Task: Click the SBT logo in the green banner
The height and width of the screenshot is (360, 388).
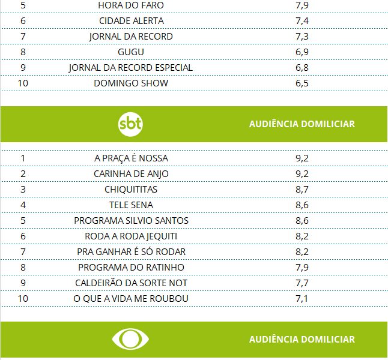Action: click(x=131, y=124)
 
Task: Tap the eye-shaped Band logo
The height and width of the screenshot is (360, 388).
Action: click(x=131, y=339)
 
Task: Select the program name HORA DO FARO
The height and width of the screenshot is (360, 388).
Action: click(x=131, y=5)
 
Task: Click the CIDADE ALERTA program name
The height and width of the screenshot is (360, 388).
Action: click(x=131, y=21)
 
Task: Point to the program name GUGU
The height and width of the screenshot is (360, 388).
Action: click(x=131, y=52)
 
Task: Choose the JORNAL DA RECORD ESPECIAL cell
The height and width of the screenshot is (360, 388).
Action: click(x=131, y=68)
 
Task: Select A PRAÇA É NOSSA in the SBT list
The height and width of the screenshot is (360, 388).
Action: click(x=131, y=158)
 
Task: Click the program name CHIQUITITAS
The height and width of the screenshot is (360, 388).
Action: click(x=131, y=189)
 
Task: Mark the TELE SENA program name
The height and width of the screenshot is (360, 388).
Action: click(x=131, y=205)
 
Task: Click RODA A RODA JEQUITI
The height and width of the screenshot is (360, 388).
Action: click(x=131, y=236)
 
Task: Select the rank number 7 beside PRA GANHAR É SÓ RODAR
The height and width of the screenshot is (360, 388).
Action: click(x=23, y=251)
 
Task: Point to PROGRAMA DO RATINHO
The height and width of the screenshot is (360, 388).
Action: click(x=131, y=267)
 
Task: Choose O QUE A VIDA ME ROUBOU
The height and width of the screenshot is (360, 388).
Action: click(x=131, y=298)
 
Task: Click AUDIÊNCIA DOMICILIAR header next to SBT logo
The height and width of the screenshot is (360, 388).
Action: click(x=302, y=124)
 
